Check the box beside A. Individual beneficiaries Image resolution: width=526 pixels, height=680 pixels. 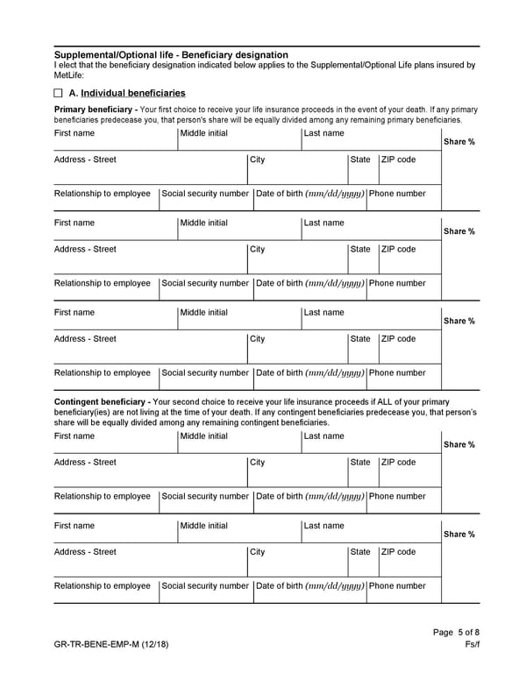[x=59, y=93]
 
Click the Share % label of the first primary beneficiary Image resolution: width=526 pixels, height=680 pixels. [x=459, y=142]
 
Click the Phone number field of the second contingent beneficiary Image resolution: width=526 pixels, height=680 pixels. [x=403, y=594]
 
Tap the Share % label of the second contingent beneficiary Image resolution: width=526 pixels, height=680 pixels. [x=459, y=535]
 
